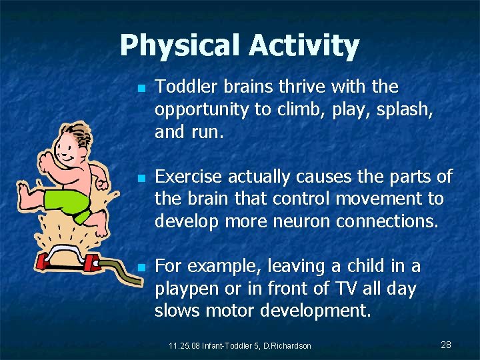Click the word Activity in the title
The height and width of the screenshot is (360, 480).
pyautogui.click(x=304, y=46)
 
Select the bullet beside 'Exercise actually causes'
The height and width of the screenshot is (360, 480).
pyautogui.click(x=141, y=179)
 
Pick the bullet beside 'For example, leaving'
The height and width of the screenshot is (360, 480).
pyautogui.click(x=141, y=268)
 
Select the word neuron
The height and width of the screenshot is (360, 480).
pyautogui.click(x=298, y=221)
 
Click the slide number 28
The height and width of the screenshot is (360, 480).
pyautogui.click(x=446, y=345)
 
